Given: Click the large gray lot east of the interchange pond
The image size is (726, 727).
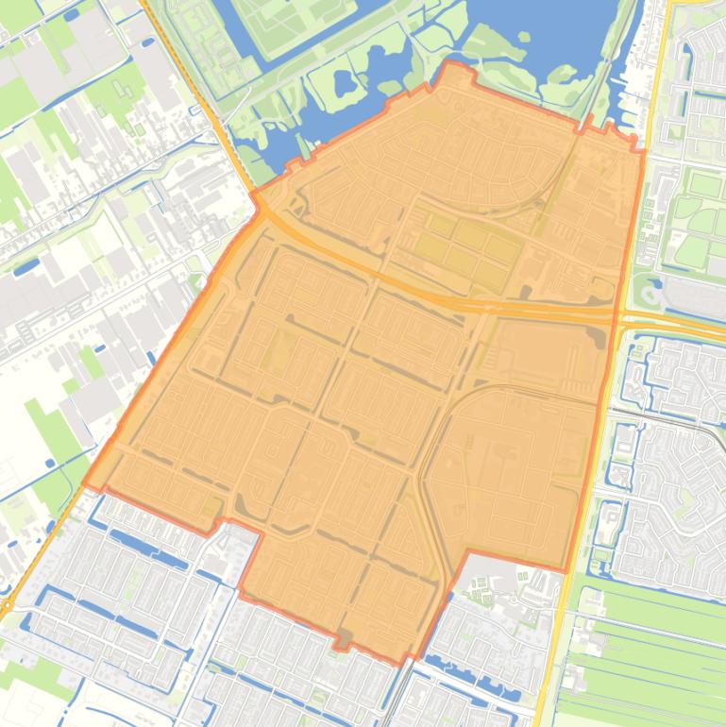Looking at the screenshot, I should point(694,296).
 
